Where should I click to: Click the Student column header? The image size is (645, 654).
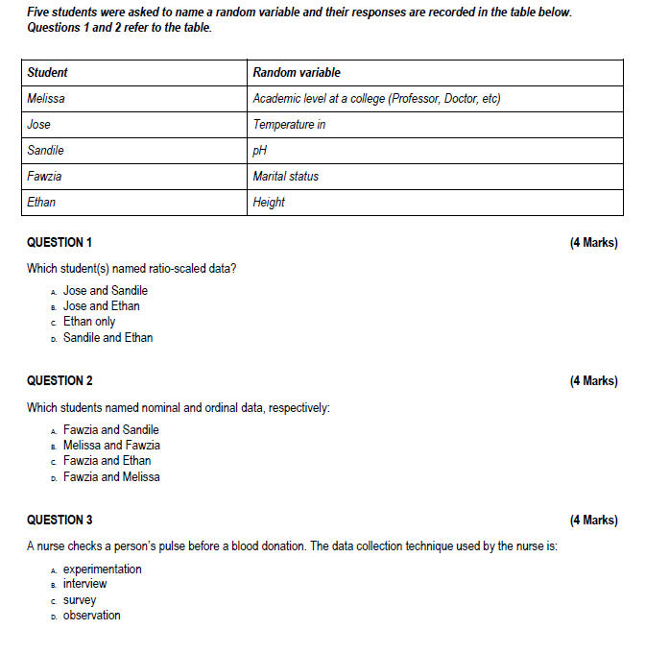[x=47, y=72]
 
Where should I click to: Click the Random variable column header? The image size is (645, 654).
[x=297, y=72]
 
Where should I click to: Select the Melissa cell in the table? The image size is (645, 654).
[x=46, y=98]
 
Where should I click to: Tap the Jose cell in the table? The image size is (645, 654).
[x=39, y=124]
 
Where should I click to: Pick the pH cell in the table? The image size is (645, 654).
[x=259, y=150]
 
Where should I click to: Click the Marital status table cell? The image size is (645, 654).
[x=286, y=176]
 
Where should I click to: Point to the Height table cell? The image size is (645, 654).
[x=269, y=202]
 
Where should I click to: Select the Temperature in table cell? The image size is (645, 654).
[x=289, y=124]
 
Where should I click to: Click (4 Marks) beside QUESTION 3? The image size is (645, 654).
[x=593, y=520]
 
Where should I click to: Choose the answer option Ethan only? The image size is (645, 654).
[x=89, y=322]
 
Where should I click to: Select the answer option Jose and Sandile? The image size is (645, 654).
[x=106, y=290]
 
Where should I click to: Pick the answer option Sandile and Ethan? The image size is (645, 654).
[x=107, y=337]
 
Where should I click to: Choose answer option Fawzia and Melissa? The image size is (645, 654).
[x=111, y=476]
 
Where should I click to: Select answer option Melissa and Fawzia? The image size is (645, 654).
[x=111, y=445]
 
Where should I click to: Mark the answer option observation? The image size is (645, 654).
[x=92, y=615]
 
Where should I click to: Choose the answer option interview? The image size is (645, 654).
[x=85, y=583]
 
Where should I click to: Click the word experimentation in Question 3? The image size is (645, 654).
[x=102, y=569]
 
